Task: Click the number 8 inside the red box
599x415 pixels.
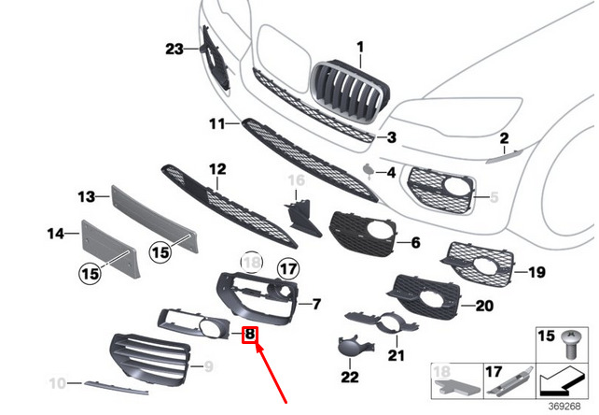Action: click(x=250, y=335)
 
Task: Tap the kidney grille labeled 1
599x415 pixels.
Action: click(x=350, y=91)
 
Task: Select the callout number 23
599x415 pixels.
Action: click(x=174, y=49)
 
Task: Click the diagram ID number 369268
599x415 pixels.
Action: click(x=564, y=406)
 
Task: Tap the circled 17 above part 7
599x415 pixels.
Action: click(x=288, y=269)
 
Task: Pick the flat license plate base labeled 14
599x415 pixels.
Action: click(x=109, y=247)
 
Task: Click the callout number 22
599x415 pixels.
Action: click(x=350, y=377)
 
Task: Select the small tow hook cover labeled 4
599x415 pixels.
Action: click(x=369, y=171)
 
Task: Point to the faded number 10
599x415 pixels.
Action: click(x=57, y=383)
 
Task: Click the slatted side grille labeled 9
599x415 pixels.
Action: click(x=149, y=359)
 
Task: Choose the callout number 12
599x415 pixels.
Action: click(x=217, y=169)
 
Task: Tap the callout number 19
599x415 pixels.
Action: click(x=536, y=272)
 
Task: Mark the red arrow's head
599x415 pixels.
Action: click(x=259, y=349)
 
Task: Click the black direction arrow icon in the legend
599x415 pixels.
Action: click(x=562, y=381)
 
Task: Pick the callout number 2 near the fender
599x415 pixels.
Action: click(x=504, y=138)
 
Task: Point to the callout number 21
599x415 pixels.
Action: click(x=396, y=355)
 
